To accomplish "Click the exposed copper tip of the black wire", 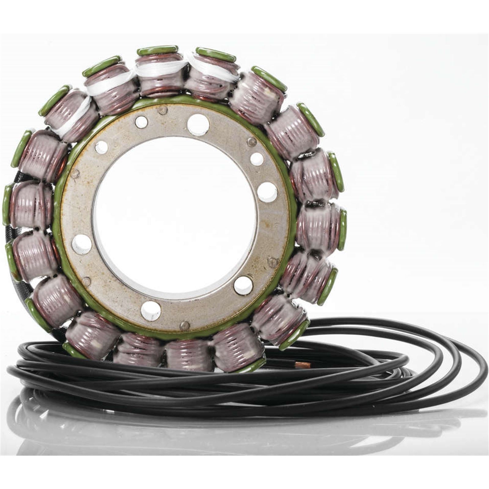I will click(303, 365).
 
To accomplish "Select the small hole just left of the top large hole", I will click(141, 122).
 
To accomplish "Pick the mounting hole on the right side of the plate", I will click(267, 192).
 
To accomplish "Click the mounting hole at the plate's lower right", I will click(243, 285).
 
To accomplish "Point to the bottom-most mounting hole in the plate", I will click(151, 311).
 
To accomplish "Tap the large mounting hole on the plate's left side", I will click(82, 244).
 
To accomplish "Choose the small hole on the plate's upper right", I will click(257, 159).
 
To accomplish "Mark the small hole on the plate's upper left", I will click(101, 148).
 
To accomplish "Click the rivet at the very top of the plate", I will click(163, 110).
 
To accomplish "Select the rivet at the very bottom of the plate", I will click(184, 326).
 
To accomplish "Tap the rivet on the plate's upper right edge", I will click(252, 142).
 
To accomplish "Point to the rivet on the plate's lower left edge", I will click(86, 281).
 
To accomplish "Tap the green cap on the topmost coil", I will click(157, 50).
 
